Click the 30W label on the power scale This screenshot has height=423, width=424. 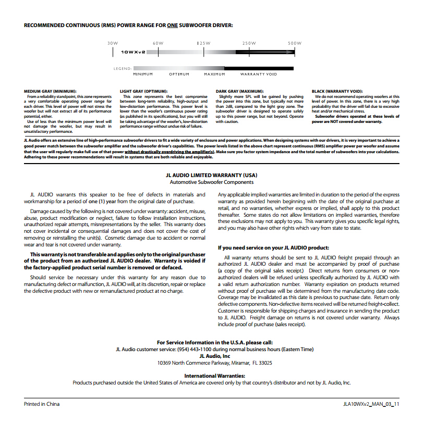coord(113,43)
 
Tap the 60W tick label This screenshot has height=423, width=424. coord(158,43)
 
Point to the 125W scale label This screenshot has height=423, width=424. coord(203,43)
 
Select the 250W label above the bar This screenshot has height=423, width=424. coord(249,43)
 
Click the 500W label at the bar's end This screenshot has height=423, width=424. coord(295,43)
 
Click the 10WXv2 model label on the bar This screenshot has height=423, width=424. coord(133,53)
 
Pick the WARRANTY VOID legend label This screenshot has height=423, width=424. coord(259,74)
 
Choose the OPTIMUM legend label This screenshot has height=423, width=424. coord(179,74)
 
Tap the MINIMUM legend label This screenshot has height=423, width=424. coord(143,74)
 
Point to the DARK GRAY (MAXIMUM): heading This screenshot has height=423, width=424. coord(239,91)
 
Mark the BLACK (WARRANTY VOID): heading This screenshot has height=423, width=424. coord(337,91)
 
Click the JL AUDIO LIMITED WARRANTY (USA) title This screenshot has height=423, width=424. coord(212,176)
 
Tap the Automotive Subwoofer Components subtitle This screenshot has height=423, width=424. coord(212,182)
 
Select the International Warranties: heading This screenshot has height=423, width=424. coord(214,376)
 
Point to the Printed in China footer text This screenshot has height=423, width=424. coord(42,404)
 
